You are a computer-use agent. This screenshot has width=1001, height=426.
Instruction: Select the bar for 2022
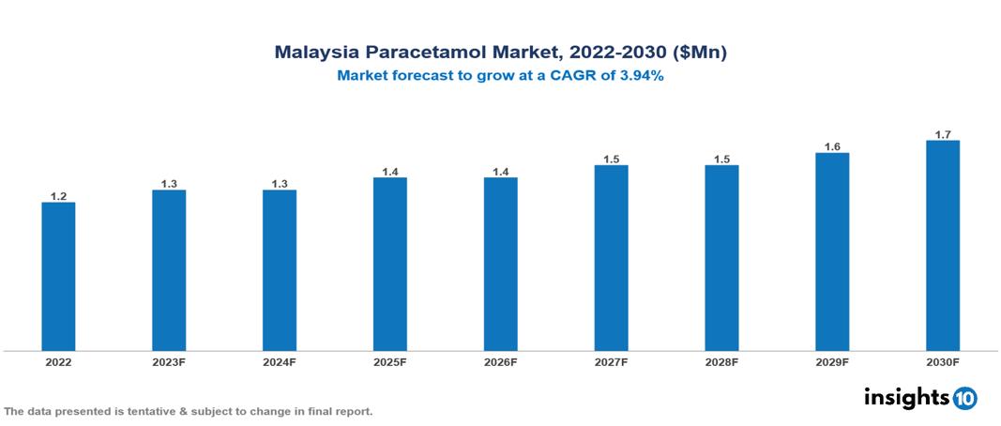58,277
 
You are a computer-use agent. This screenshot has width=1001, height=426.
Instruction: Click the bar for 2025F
389,265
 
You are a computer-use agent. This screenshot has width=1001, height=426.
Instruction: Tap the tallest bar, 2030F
942,246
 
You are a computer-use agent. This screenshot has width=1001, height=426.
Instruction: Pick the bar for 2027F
611,258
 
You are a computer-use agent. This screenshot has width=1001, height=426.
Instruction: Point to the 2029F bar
832,252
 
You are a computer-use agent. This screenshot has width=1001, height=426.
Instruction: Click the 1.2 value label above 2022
58,196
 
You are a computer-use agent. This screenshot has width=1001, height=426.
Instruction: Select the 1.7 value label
942,134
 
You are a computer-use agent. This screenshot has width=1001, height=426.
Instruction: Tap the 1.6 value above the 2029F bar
832,146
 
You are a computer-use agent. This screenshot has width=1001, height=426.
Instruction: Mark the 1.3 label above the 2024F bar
280,184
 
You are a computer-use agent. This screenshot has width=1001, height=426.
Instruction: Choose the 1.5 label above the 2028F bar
721,160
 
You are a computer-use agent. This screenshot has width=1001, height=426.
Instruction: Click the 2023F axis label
169,362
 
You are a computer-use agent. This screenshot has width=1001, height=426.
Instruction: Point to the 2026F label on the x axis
500,362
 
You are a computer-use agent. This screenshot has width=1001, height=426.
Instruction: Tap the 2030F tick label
942,362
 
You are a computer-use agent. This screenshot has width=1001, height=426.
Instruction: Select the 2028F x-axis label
721,362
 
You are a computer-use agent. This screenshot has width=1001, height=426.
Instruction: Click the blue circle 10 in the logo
964,399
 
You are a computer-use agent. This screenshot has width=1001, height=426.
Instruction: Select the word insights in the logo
906,398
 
